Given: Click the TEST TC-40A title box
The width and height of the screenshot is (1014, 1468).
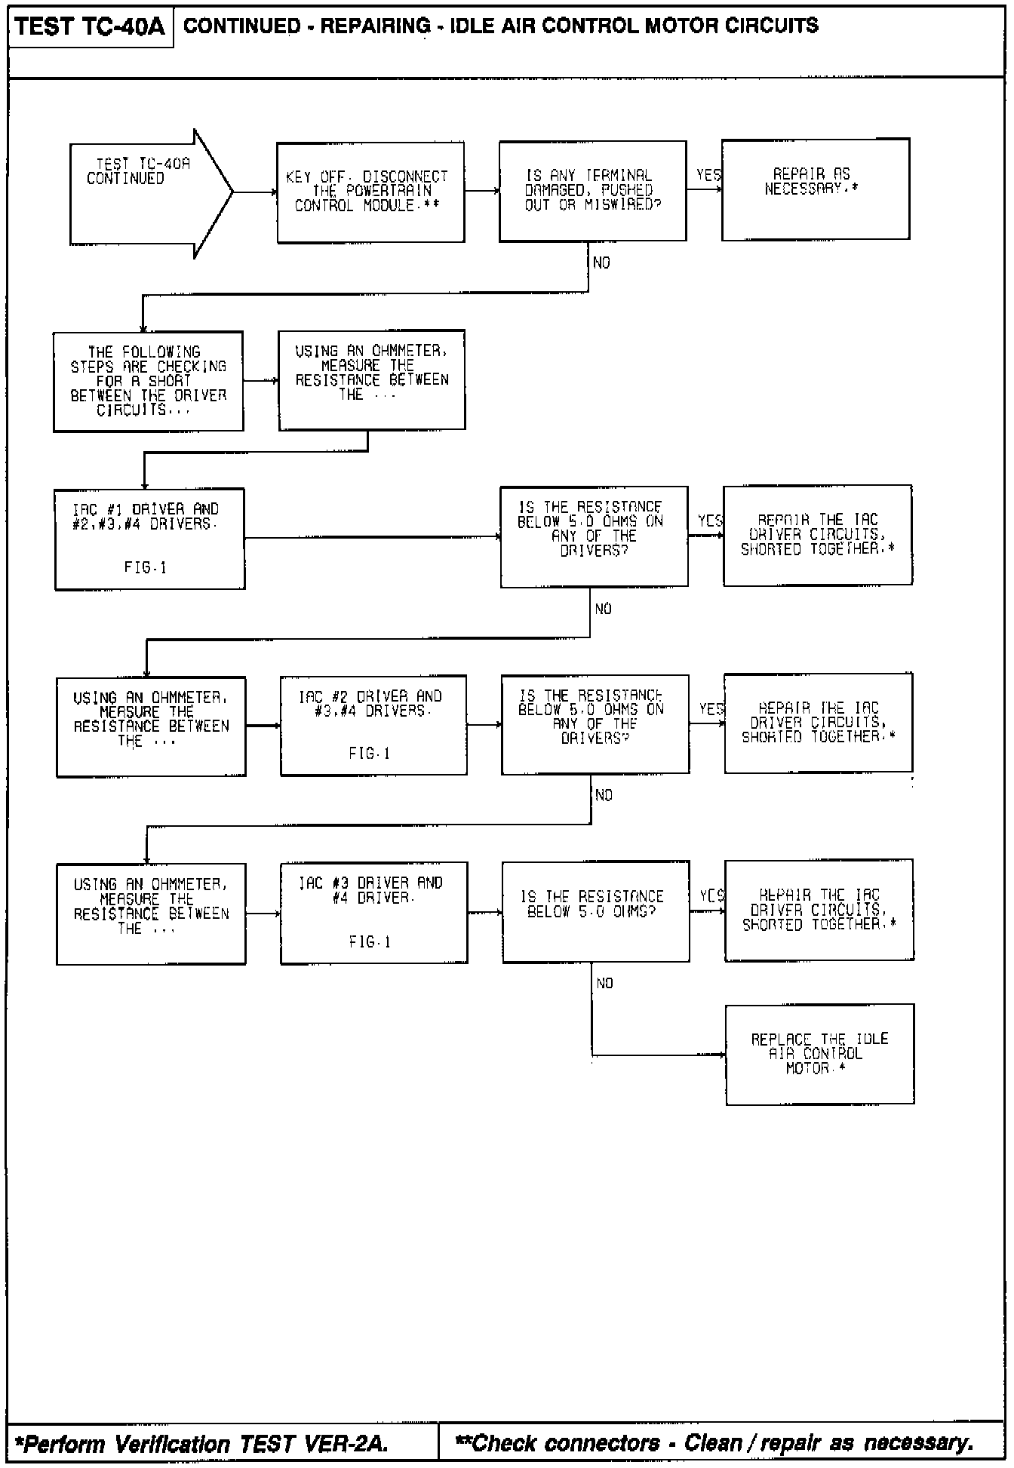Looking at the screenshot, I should click(x=90, y=27).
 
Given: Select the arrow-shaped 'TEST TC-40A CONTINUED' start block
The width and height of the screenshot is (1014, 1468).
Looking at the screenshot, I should click(x=143, y=193).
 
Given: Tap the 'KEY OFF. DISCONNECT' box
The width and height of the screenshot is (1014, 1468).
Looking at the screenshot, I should click(x=370, y=192).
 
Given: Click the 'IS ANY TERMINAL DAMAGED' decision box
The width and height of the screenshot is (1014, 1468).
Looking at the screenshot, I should click(x=592, y=191).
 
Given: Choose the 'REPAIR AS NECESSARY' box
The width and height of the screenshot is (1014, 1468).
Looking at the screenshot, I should click(x=815, y=189).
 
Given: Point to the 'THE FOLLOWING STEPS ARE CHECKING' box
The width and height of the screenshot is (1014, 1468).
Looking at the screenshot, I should click(x=148, y=381).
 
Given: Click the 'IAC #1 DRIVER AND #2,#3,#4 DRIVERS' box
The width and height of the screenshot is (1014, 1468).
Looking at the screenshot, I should click(x=149, y=539).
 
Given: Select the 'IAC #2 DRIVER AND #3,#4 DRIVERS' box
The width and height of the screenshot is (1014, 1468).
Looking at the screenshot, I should click(x=373, y=725).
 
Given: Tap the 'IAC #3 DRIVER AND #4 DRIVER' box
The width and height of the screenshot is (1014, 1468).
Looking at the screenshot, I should click(x=373, y=913).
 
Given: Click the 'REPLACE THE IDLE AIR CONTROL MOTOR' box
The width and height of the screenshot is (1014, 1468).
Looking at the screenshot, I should click(x=819, y=1054).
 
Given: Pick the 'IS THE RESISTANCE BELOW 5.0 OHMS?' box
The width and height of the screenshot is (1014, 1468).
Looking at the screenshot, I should click(x=595, y=911).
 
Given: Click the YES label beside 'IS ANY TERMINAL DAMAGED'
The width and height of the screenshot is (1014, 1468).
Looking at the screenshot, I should click(x=708, y=176).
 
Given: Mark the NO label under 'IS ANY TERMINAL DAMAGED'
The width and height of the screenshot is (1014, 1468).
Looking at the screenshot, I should click(x=602, y=263).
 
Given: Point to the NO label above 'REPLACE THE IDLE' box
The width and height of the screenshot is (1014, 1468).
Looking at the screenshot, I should click(x=604, y=983).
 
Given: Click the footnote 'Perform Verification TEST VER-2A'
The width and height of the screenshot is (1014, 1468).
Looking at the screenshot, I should click(x=201, y=1444).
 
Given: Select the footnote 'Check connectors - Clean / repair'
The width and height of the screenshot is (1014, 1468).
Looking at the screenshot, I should click(x=713, y=1443).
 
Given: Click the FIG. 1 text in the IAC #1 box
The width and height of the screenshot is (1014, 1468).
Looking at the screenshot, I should click(x=146, y=567).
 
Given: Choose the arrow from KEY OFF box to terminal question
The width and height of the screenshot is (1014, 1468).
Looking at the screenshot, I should click(x=481, y=191).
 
